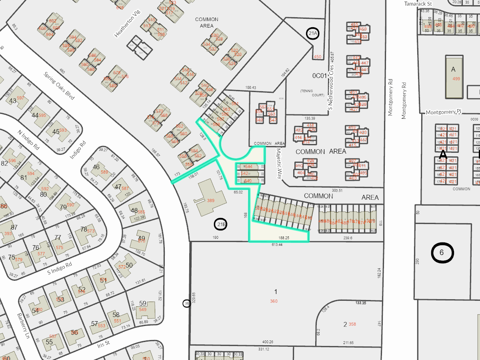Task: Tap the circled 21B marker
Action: [221, 225]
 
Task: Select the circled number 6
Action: [442, 252]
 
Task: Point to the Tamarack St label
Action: [419, 4]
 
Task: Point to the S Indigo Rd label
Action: [60, 268]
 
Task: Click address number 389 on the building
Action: [210, 200]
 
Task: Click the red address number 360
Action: [274, 301]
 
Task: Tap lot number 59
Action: [142, 303]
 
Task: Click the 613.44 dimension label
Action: [277, 244]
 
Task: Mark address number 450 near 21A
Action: [318, 57]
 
